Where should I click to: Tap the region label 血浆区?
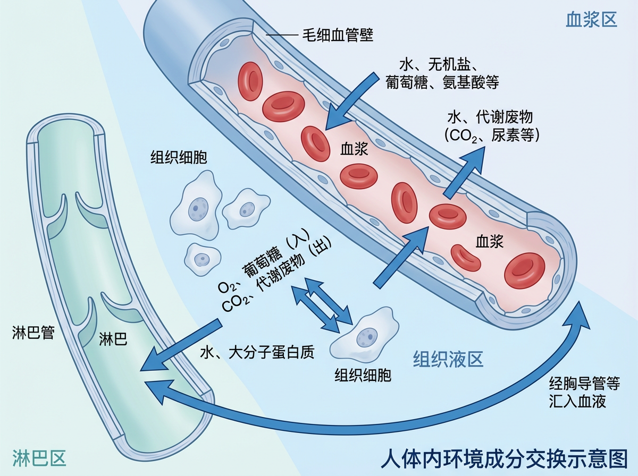(x=591, y=20)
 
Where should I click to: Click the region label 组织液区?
(x=448, y=360)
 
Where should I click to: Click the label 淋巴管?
(x=33, y=334)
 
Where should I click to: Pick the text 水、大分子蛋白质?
(x=257, y=352)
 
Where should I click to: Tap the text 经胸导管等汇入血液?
(x=577, y=392)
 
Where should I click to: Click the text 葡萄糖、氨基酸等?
(x=442, y=82)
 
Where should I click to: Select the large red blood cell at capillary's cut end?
(x=524, y=270)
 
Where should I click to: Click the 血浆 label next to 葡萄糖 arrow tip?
(x=354, y=150)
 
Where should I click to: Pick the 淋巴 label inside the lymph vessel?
(x=113, y=339)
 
